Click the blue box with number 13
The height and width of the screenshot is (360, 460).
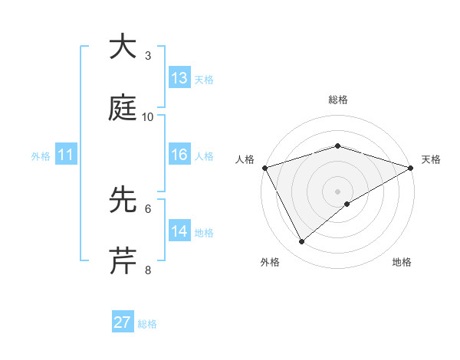coord(179,78)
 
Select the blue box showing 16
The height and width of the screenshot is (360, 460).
coord(179,155)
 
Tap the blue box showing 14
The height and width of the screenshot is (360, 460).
coord(179,231)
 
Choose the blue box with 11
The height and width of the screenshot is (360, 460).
coord(66,155)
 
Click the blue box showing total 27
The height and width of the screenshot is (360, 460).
coord(123,322)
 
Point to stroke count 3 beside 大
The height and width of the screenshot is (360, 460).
coord(148,56)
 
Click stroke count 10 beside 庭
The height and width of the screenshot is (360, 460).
coord(148,117)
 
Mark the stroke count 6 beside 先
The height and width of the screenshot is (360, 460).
coord(148,208)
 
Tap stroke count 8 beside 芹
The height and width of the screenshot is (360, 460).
coord(148,270)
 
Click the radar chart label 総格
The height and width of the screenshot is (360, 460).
coord(337,100)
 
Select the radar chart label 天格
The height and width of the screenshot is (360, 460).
coord(431,159)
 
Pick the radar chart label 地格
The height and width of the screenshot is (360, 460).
coord(402,263)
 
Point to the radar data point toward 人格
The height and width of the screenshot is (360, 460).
coord(264,167)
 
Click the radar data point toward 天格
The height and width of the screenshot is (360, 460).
coord(411,167)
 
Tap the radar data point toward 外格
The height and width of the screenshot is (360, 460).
coord(302,241)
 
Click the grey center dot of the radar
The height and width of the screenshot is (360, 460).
coord(337,191)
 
